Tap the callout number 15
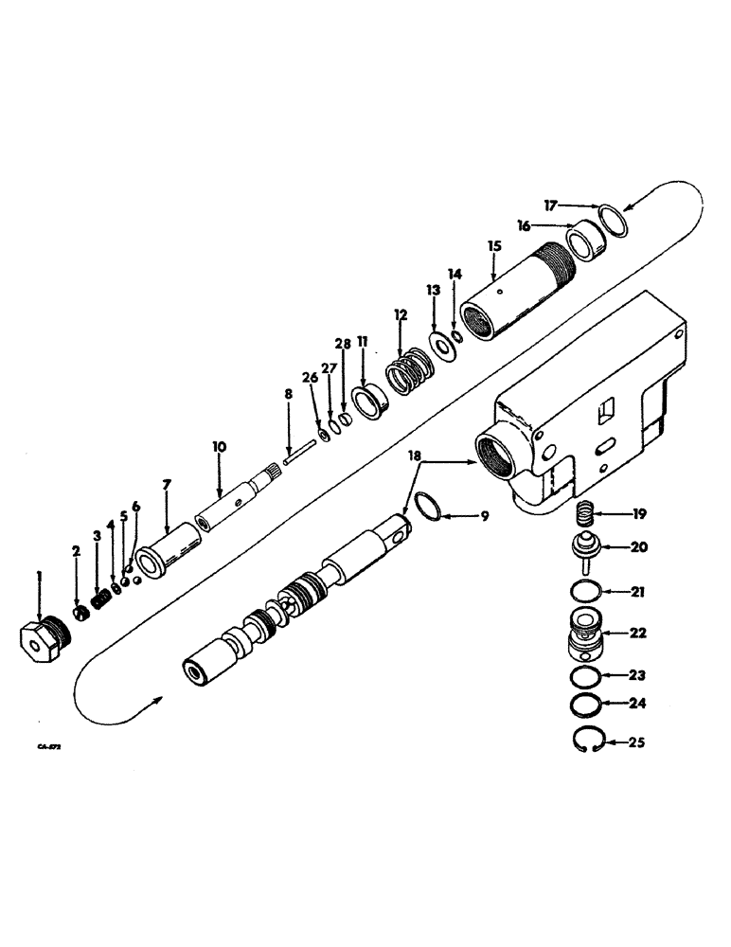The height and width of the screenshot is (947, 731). tap(493, 245)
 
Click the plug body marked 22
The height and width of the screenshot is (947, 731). tap(586, 633)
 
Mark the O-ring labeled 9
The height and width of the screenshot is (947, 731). tap(429, 509)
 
